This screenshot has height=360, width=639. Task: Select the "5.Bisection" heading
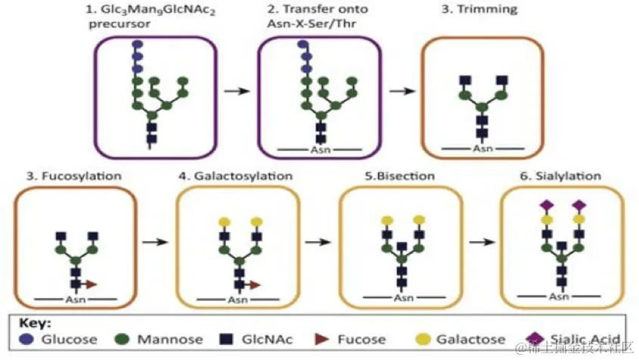coord(400,176)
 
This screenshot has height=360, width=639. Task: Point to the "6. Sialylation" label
coord(561,176)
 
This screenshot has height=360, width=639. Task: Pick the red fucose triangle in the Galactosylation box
coord(256,284)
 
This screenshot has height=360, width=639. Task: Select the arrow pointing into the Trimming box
coord(401,91)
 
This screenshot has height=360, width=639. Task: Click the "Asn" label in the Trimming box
coord(482,147)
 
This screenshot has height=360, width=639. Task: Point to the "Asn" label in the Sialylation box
coord(559,296)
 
